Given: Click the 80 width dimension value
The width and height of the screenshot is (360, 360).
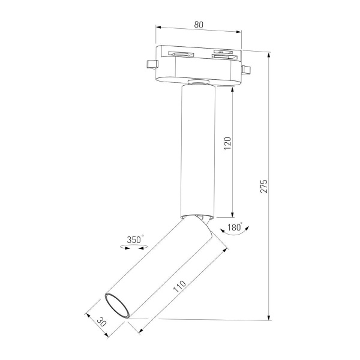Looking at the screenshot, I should [x=199, y=25].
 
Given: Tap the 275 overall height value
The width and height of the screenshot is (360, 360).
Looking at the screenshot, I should [x=265, y=186].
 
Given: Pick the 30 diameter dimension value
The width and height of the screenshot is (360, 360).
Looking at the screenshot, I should [x=101, y=322].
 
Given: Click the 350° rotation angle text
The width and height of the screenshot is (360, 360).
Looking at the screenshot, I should [x=135, y=240].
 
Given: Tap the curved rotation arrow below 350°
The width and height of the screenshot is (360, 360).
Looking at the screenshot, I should [x=135, y=248].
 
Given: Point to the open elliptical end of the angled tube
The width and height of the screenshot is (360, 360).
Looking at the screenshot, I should [x=118, y=305].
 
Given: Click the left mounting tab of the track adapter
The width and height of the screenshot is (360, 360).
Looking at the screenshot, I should [x=149, y=63].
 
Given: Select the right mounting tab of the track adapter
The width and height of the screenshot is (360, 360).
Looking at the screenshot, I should [x=245, y=71].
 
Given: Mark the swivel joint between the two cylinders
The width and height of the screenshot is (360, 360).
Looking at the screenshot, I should [x=197, y=218].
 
